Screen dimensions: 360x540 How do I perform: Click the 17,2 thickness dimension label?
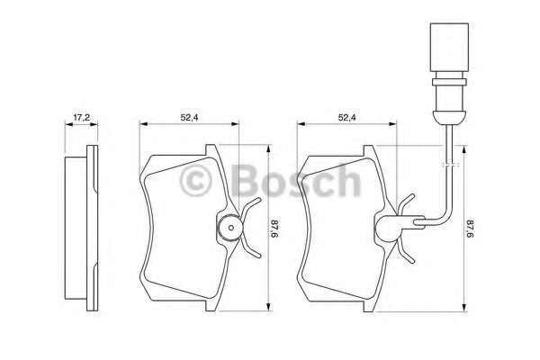[80, 117]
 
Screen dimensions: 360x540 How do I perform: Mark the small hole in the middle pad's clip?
[229, 229]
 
